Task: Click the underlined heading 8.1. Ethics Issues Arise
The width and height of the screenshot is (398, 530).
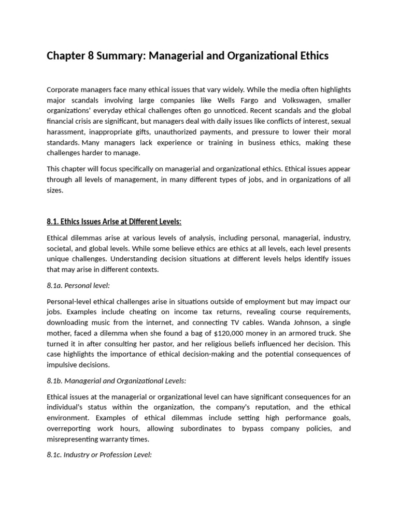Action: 114,222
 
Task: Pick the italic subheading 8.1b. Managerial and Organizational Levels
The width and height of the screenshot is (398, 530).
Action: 116,380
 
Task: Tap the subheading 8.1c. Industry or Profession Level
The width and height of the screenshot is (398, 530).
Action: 99,455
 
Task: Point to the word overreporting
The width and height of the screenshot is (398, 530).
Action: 68,429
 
